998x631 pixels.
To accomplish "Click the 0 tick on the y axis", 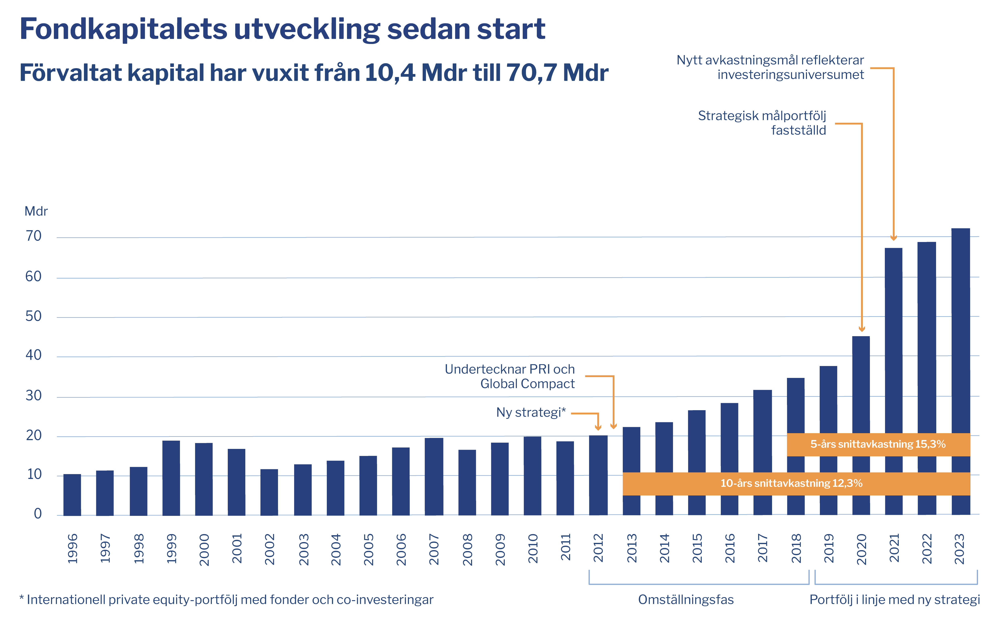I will point(38,514).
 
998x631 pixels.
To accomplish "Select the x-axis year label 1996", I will point(73,549).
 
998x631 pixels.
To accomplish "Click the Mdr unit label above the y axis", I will point(36,211).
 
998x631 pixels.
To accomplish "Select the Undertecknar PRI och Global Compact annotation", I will point(510,376).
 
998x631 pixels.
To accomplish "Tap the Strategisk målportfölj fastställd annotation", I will point(762,123).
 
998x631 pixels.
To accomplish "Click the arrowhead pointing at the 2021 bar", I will point(893,238).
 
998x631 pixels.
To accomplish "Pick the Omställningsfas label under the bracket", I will point(686,600).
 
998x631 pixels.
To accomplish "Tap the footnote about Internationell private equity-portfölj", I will point(226,600).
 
